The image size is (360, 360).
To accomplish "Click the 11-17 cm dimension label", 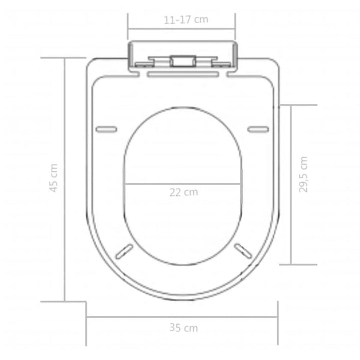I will point(186,20).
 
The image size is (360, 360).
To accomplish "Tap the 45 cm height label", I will point(53,178).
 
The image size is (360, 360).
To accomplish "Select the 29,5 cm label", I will point(303,174).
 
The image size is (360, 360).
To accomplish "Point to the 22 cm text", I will point(184,193).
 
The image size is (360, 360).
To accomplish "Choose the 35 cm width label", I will point(184,328).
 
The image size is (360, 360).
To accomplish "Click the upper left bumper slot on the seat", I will point(106,129).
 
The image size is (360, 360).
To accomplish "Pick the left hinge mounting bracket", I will point(142,64).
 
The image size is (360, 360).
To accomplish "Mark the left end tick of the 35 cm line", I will point(86,316).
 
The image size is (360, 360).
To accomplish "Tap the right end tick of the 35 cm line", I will point(278,316).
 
